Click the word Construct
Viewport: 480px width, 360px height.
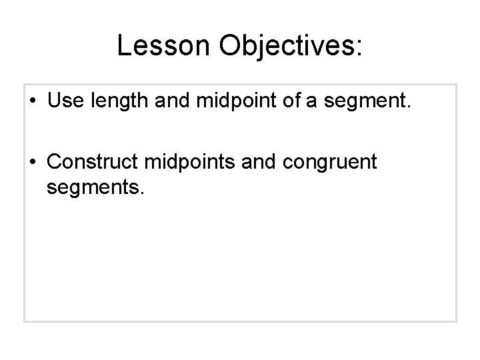pyautogui.click(x=95, y=162)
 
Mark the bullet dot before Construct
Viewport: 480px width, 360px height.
pyautogui.click(x=34, y=163)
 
